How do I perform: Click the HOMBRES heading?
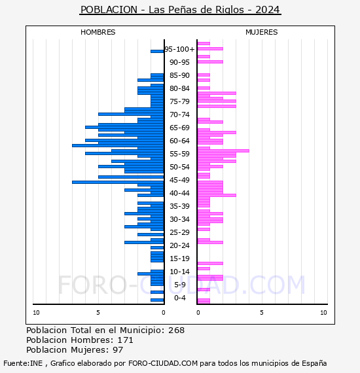98,32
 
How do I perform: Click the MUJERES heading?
262,32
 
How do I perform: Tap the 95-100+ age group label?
179,49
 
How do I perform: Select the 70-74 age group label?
179,115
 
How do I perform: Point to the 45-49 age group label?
179,180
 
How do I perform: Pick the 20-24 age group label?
179,245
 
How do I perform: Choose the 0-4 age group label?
180,298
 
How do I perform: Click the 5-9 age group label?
180,285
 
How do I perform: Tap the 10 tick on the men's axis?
36,313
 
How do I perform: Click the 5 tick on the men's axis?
98,313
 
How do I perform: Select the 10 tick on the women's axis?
323,313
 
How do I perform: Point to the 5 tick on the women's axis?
262,313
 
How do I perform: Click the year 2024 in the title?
268,10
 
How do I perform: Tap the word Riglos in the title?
230,10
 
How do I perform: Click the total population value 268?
176,330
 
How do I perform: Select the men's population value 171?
126,340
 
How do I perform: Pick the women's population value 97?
118,350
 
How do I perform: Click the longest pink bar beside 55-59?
223,151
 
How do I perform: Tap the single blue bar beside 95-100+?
157,51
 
